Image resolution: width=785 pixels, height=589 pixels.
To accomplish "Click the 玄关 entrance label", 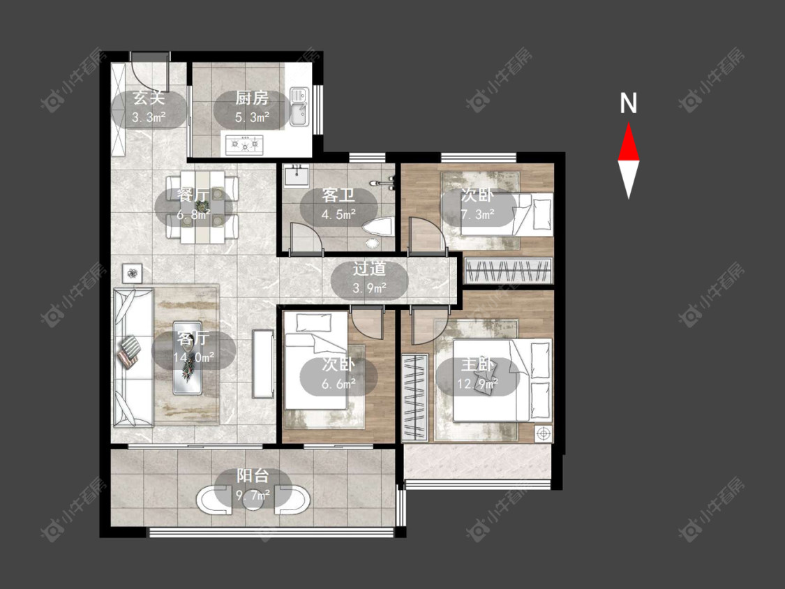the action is [x=149, y=98].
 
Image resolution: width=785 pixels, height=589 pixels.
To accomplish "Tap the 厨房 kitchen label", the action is [x=252, y=98].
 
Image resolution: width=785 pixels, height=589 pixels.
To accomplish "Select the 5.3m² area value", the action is [x=253, y=118].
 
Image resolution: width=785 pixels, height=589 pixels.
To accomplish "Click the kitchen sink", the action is [x=299, y=106].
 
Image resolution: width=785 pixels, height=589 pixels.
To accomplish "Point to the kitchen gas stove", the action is [x=244, y=144].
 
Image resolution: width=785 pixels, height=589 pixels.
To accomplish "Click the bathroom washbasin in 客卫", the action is [x=297, y=176].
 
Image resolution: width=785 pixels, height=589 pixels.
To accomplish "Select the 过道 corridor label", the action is [x=369, y=269].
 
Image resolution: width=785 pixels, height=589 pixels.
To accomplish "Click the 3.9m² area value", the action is [x=369, y=288].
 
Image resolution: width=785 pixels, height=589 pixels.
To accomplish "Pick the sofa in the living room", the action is [x=133, y=357].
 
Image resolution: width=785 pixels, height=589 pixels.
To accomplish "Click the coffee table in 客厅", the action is [x=188, y=357].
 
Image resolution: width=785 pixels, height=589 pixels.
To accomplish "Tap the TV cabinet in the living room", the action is [x=263, y=363].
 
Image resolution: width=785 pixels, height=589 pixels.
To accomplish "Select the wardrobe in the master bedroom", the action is [x=414, y=398].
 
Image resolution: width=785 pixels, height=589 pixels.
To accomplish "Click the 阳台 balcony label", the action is [x=253, y=476].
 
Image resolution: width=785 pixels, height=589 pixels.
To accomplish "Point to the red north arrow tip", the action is [x=628, y=123].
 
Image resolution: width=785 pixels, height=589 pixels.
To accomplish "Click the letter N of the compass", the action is [x=628, y=103].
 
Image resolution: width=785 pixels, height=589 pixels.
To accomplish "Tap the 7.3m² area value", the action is [x=477, y=215].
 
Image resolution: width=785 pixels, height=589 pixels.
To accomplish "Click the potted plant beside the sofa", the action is [x=132, y=274].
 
